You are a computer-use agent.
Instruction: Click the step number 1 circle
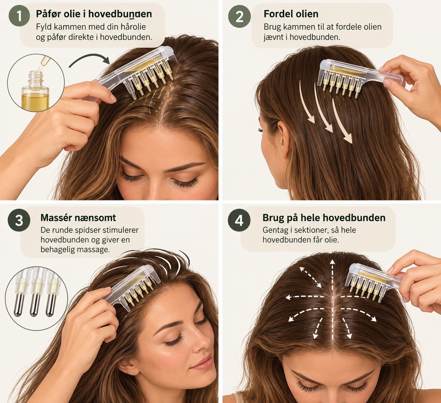[19, 16]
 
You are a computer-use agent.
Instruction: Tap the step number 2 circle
[239, 17]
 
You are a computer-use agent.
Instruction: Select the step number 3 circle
[19, 220]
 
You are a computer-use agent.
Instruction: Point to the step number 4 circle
[239, 220]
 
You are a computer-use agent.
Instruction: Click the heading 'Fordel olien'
[291, 14]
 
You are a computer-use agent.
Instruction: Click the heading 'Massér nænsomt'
[78, 217]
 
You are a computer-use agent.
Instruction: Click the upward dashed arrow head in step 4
[332, 262]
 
